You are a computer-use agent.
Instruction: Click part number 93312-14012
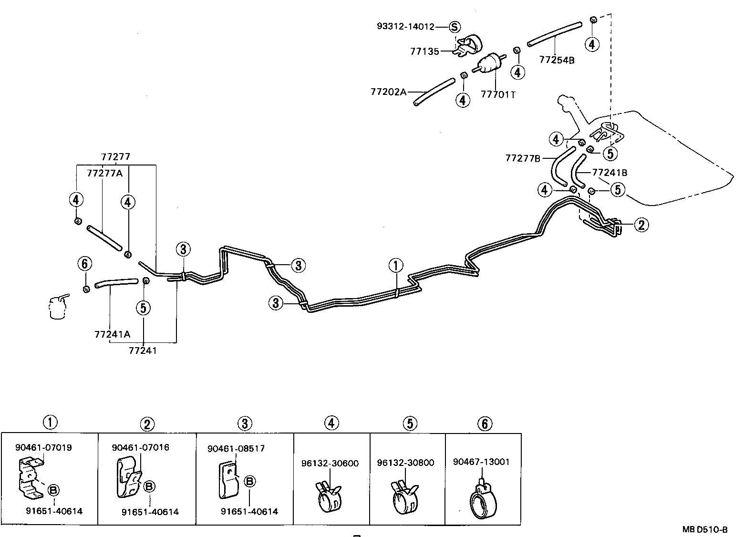[x=405, y=27]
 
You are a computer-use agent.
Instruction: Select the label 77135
[x=424, y=52]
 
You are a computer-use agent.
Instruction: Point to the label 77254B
[x=557, y=60]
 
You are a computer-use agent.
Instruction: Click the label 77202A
[x=388, y=91]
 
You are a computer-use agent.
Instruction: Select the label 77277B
[x=523, y=158]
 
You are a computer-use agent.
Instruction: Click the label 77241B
[x=610, y=172]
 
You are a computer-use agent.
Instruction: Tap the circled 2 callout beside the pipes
[x=641, y=225]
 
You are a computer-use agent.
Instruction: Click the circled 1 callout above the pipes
[x=395, y=266]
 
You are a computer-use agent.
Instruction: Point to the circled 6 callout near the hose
[x=85, y=263]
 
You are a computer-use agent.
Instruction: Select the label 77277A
[x=104, y=173]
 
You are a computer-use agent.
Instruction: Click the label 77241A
[x=112, y=334]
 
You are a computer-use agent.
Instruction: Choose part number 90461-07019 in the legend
[x=43, y=447]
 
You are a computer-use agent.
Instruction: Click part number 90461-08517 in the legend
[x=236, y=449]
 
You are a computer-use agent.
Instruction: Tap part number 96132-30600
[x=330, y=463]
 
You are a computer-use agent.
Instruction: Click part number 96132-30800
[x=405, y=463]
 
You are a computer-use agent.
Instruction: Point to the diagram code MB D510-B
[x=704, y=529]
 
